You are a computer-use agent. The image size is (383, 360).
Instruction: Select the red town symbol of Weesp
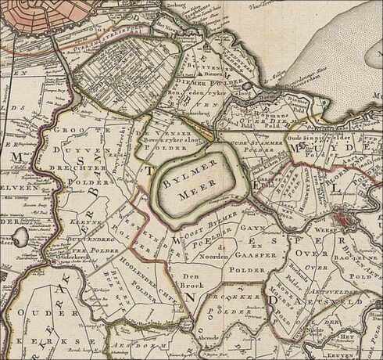click(x=345, y=217)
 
